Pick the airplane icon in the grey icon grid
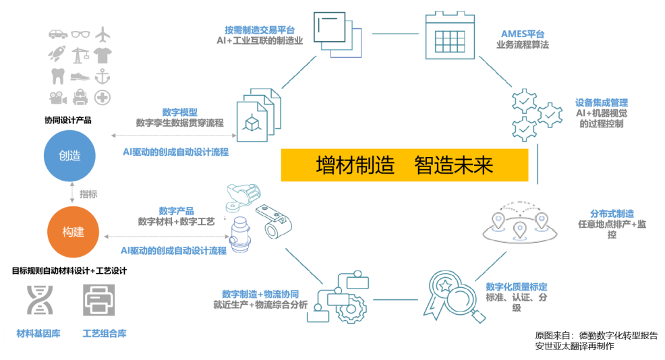coord(103,33)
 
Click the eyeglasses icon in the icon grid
coord(80,33)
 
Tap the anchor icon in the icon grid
coord(103,76)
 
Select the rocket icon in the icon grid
coord(57,55)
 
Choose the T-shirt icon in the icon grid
coord(103,55)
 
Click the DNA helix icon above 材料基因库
coord(40,300)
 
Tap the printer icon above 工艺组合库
coord(99,300)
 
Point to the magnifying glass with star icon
coord(449,294)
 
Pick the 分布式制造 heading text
coord(612,213)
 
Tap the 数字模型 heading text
coord(179,112)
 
